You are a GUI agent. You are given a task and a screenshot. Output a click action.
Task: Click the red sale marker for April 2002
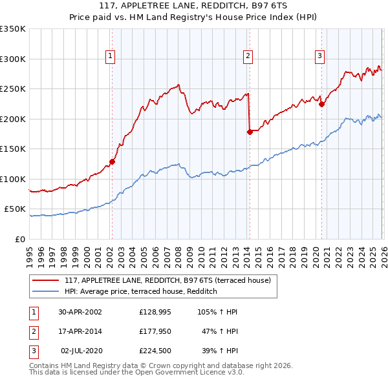click(112, 162)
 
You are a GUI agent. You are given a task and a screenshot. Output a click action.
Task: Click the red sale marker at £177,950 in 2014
click(249, 132)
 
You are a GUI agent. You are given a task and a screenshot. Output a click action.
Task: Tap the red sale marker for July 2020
click(321, 104)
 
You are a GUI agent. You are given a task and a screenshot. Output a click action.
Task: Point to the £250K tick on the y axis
click(13, 89)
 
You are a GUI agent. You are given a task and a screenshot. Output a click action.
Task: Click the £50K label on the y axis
click(16, 209)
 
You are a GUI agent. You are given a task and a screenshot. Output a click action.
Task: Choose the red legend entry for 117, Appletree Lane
click(171, 280)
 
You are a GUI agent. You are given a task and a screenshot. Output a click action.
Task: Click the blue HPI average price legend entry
click(140, 292)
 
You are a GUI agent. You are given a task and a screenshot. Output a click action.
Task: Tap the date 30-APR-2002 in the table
click(80, 312)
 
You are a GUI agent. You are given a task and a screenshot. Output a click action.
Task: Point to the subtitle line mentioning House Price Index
click(194, 18)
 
